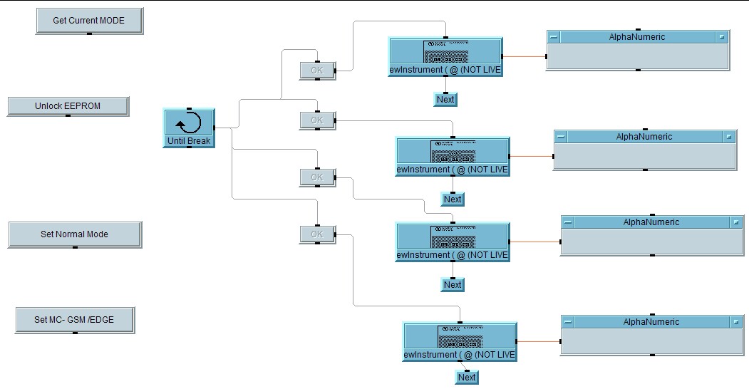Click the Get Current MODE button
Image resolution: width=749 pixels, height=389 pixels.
pyautogui.click(x=88, y=21)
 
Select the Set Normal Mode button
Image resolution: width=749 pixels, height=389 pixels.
pyautogui.click(x=74, y=234)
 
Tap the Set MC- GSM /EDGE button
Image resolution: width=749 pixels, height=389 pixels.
pyautogui.click(x=73, y=320)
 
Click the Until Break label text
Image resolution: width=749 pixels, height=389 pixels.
pyautogui.click(x=189, y=141)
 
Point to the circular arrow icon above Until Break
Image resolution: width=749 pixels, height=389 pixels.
pyautogui.click(x=189, y=123)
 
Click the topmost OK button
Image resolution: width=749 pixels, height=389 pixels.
pyautogui.click(x=317, y=70)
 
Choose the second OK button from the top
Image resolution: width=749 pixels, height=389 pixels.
pyautogui.click(x=317, y=120)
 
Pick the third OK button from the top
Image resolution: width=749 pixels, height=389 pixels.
pyautogui.click(x=317, y=177)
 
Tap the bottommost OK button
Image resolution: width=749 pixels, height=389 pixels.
pyautogui.click(x=317, y=234)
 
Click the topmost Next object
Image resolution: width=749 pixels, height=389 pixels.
pyautogui.click(x=445, y=100)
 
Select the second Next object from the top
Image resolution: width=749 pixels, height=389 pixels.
pyautogui.click(x=453, y=199)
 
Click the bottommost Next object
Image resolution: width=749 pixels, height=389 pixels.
pyautogui.click(x=467, y=378)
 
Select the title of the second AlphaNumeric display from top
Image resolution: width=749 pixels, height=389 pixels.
pyautogui.click(x=644, y=137)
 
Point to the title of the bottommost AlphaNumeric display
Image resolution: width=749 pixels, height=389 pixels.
pyautogui.click(x=651, y=322)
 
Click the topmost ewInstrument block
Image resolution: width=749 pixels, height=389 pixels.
pyautogui.click(x=445, y=56)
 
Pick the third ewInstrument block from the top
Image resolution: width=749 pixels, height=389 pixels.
pyautogui.click(x=453, y=242)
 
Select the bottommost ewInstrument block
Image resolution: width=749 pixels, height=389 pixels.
pyautogui.click(x=460, y=341)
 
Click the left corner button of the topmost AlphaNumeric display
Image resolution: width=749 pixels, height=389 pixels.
pyautogui.click(x=554, y=37)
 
